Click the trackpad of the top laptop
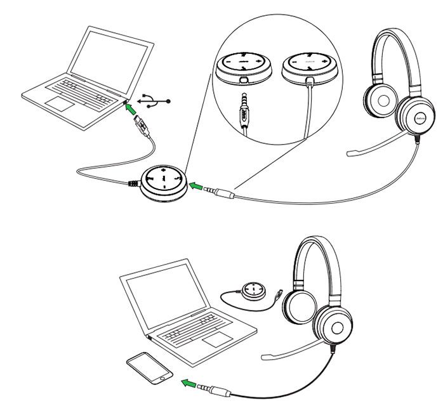coord(63,103)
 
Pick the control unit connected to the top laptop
coord(164,183)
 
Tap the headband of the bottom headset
coord(321,246)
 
